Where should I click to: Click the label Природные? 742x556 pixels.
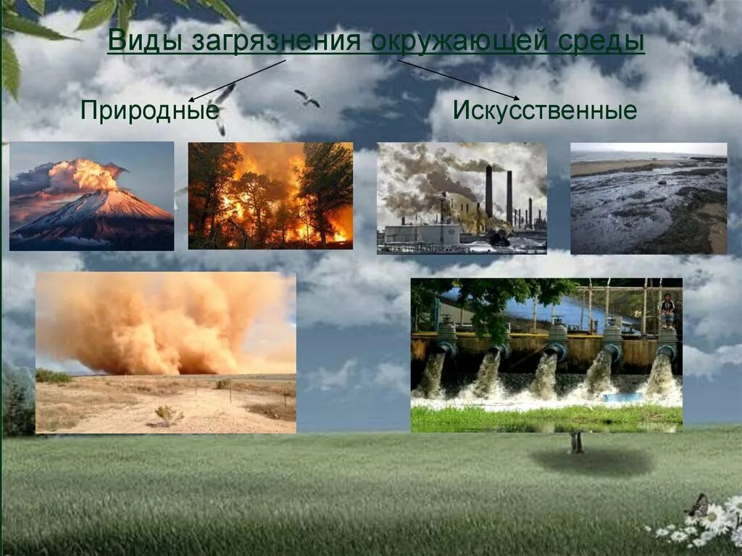click(x=149, y=111)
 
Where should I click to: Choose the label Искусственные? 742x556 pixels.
click(x=545, y=111)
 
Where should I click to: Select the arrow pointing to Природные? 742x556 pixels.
click(x=236, y=80)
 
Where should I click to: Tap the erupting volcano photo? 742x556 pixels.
click(x=91, y=196)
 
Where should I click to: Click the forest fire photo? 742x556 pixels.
click(x=270, y=196)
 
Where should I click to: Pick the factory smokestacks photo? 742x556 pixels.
click(x=462, y=198)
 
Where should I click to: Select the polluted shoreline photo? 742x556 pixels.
click(x=649, y=198)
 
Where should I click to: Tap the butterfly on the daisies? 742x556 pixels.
click(x=698, y=505)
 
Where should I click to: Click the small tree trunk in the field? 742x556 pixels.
click(x=576, y=443)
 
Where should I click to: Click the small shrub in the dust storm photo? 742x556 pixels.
click(x=168, y=415)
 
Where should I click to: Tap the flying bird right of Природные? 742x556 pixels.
click(x=307, y=98)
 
